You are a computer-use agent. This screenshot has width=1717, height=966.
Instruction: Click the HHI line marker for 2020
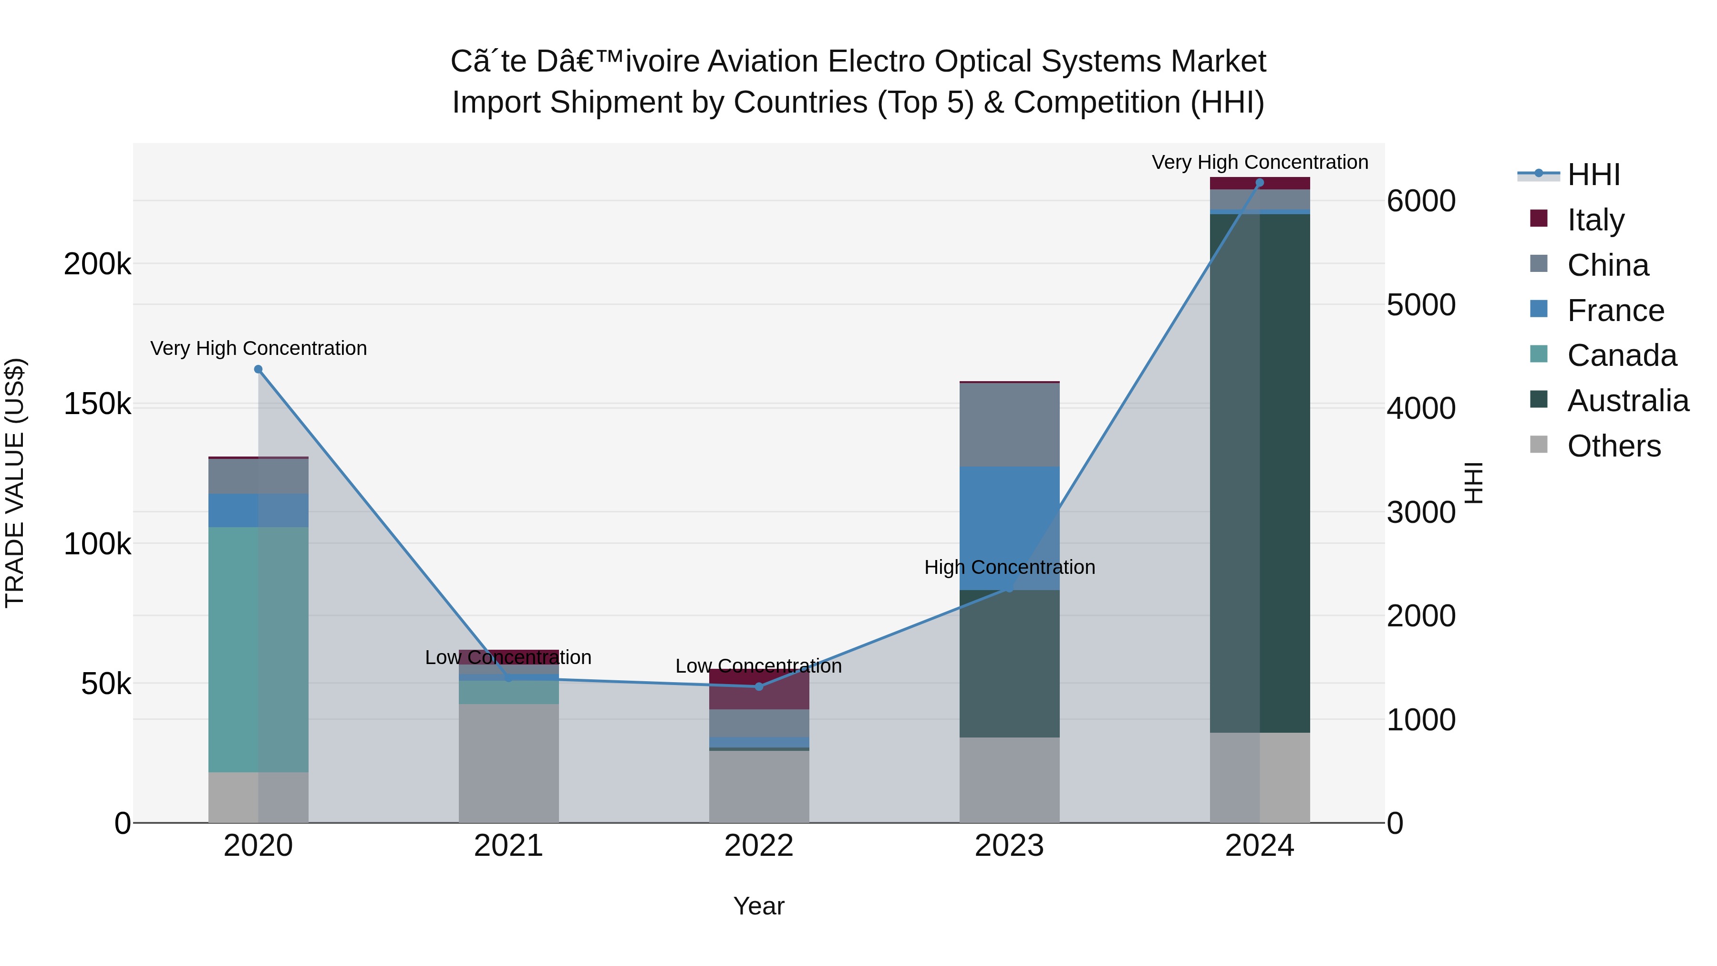coord(258,369)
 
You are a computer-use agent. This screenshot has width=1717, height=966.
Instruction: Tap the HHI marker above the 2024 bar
coord(1259,183)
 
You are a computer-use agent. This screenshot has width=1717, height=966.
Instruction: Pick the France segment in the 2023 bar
coord(1009,528)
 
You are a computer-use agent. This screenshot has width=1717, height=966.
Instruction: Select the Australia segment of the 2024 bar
coord(1259,473)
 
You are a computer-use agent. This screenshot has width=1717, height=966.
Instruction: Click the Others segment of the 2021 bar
coord(508,763)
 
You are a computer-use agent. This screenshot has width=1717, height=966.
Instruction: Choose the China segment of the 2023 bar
coord(1009,425)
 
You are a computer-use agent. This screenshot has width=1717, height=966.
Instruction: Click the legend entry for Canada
coord(1621,355)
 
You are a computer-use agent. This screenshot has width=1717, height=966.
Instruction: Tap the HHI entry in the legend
coord(1593,175)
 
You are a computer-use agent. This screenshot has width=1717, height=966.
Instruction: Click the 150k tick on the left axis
coord(97,404)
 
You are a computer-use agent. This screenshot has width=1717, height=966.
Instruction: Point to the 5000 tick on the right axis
coord(1420,305)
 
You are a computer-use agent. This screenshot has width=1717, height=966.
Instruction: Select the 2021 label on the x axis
coord(508,846)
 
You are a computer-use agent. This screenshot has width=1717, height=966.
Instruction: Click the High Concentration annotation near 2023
coord(1009,567)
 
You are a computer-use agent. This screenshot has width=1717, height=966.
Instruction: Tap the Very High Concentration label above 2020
coord(258,348)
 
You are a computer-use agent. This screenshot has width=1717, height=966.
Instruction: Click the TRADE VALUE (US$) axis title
coord(15,483)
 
